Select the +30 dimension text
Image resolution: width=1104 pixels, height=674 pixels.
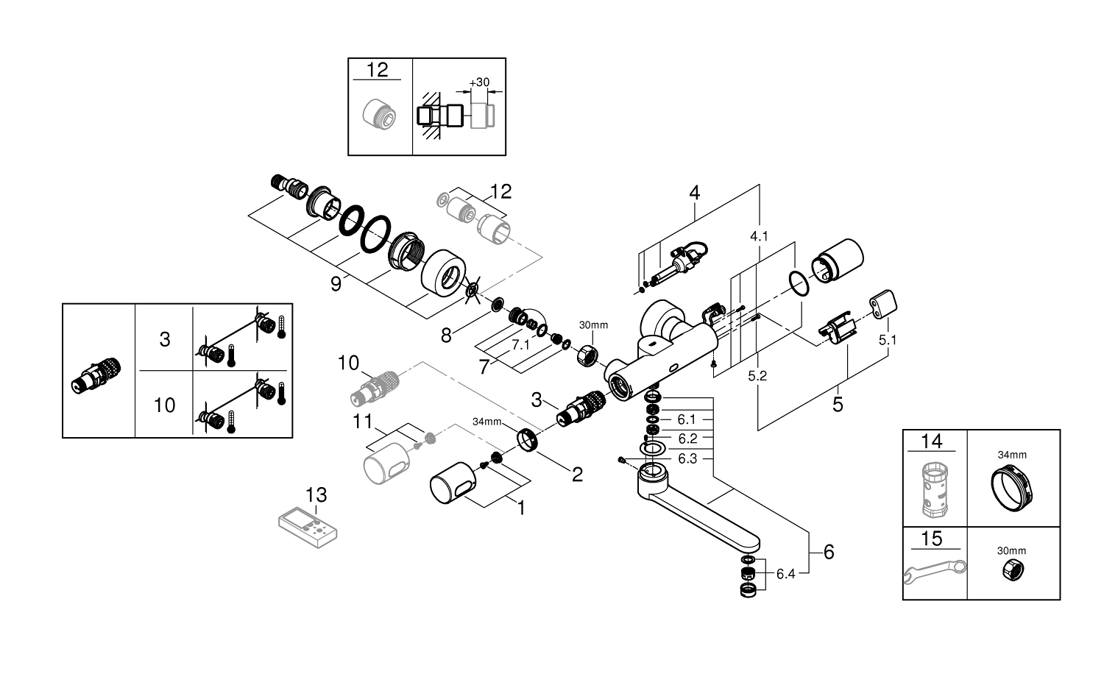[478, 82]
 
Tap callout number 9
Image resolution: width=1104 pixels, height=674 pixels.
[336, 284]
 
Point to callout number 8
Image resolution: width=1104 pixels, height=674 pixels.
[447, 336]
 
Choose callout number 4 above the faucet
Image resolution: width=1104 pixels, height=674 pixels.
[694, 193]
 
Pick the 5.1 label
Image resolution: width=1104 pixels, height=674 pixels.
[888, 340]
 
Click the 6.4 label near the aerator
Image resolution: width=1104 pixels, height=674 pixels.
[786, 574]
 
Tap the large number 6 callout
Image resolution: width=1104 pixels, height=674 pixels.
[829, 551]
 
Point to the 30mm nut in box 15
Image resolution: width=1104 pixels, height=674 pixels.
[1011, 570]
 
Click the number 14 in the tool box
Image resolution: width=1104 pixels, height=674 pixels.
[931, 441]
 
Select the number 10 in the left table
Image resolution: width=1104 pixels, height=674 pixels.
[165, 404]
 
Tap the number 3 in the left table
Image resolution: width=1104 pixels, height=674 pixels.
[165, 339]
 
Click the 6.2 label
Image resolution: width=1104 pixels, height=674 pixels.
[687, 439]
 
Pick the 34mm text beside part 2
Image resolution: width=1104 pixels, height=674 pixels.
[486, 422]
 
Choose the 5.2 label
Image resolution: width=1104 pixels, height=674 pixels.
[757, 375]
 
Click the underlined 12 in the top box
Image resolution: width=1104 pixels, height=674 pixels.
[377, 70]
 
